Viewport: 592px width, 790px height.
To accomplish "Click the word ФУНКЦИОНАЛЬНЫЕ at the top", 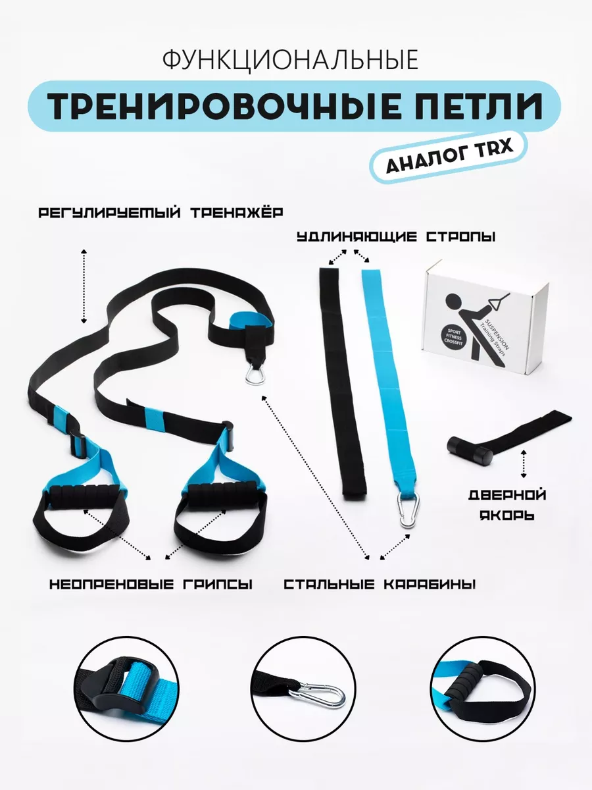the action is point(291,60).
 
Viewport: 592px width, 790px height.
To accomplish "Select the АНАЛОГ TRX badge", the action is point(449,156).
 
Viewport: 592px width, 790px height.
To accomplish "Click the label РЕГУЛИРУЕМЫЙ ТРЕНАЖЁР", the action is point(160,213).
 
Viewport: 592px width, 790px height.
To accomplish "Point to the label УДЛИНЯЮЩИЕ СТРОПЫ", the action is point(396,237).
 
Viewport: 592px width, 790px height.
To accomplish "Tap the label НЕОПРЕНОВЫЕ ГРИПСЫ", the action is point(151,584).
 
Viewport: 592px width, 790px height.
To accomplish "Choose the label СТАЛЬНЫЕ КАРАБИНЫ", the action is point(380,584).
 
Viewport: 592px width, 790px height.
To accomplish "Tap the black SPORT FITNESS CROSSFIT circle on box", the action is point(454,338).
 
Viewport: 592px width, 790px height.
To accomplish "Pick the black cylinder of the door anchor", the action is point(470,451).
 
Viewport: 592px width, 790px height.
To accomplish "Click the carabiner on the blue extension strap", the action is point(408,509).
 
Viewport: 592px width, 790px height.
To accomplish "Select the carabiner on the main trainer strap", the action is point(255,373).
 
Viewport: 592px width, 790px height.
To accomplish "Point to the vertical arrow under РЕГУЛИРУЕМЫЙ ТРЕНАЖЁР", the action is point(84,286).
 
